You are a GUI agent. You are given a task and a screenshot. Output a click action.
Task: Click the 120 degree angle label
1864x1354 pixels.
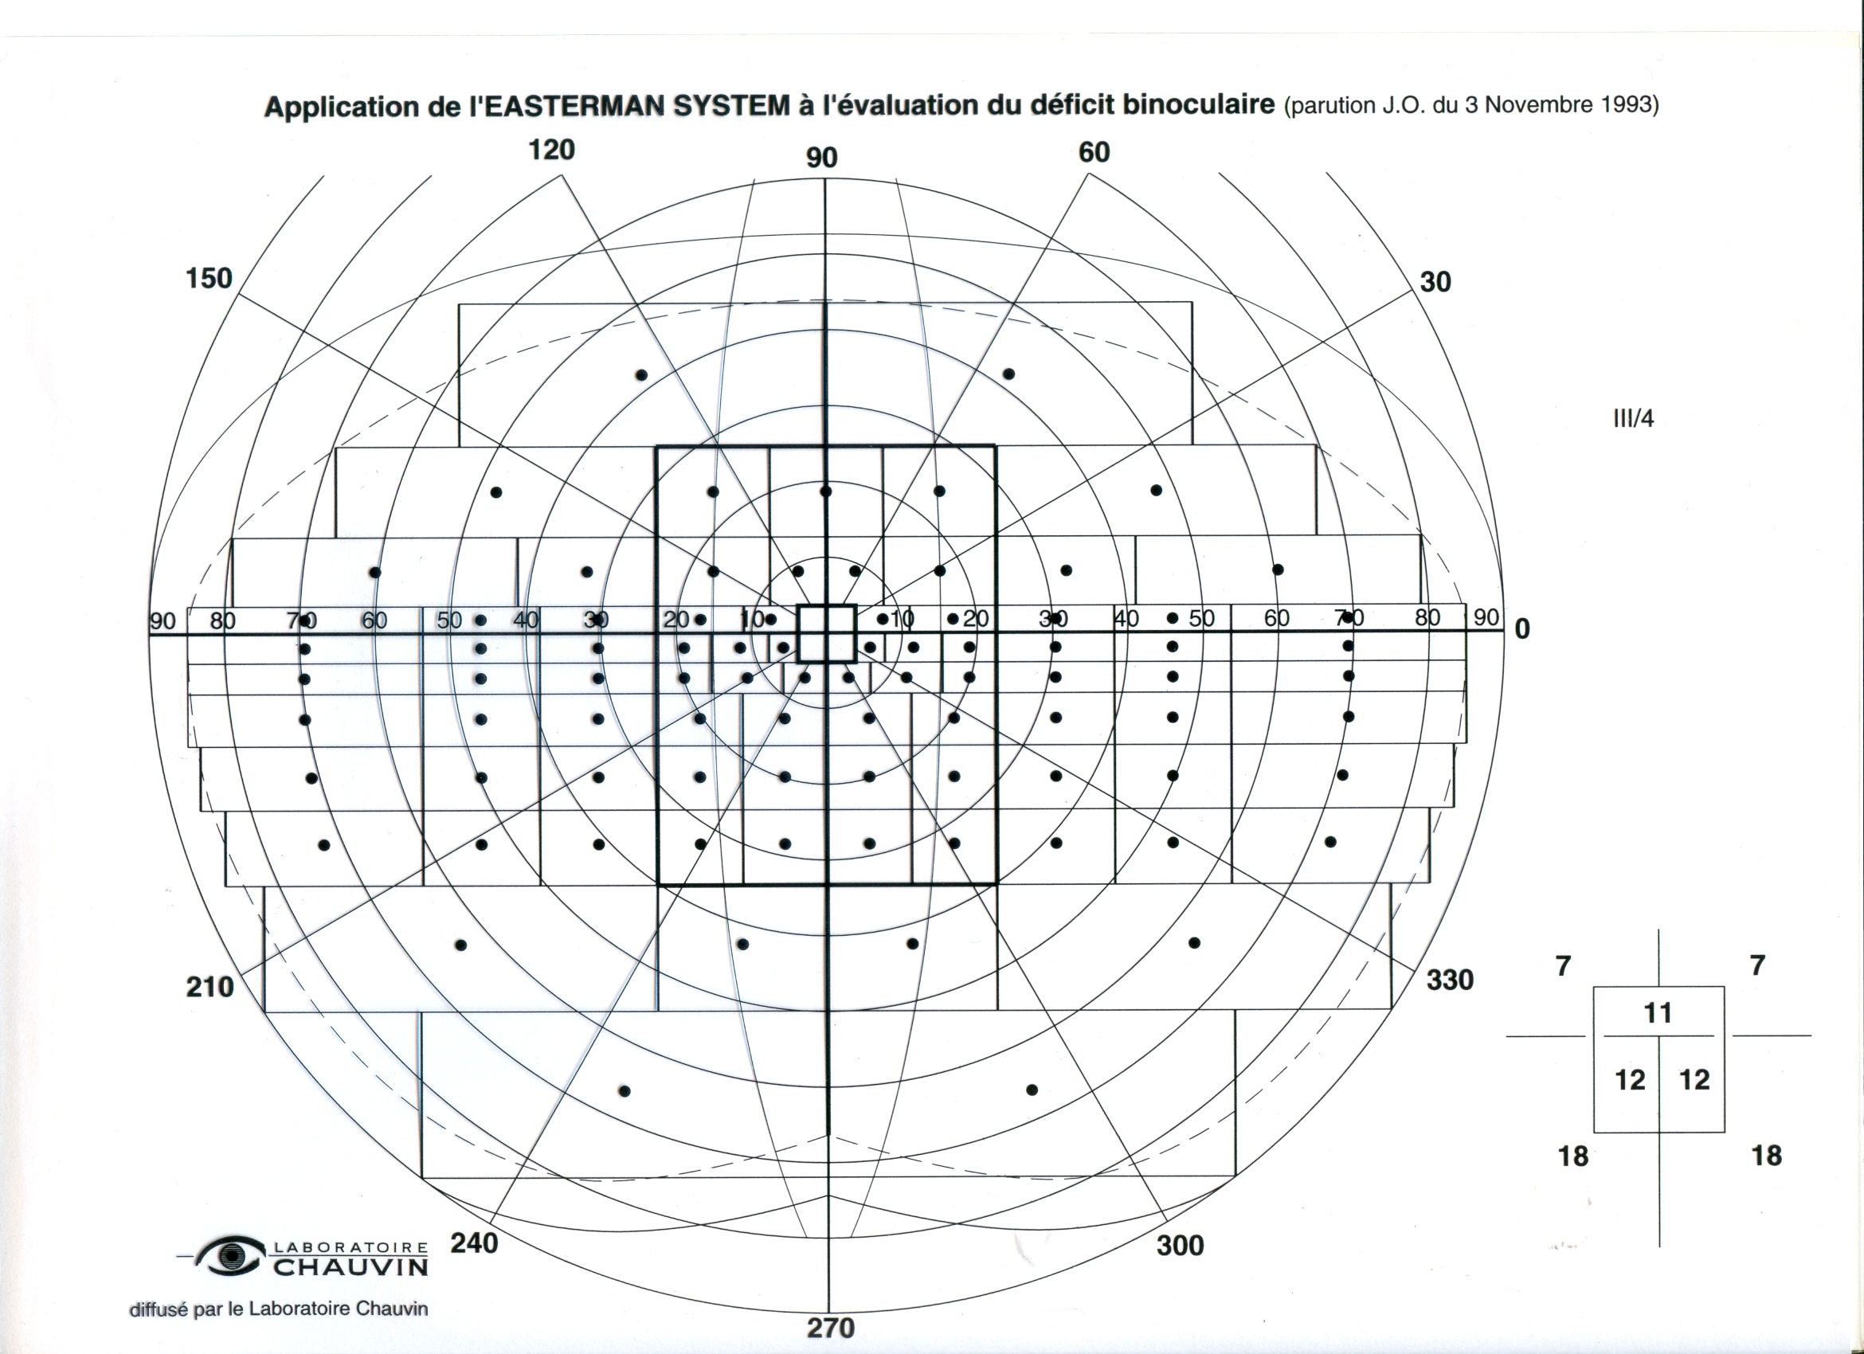tap(551, 151)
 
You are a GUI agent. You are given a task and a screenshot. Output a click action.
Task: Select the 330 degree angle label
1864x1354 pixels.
tap(1450, 980)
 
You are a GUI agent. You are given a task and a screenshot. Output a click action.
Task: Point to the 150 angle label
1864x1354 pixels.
tap(209, 279)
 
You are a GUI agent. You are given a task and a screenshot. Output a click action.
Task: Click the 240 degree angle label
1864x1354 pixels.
tap(474, 1242)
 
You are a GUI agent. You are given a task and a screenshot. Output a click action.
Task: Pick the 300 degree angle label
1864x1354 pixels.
tap(1181, 1246)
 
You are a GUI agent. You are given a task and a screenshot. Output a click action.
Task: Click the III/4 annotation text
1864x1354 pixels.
tap(1633, 419)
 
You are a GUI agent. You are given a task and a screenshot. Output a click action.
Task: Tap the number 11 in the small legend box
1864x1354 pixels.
tap(1658, 1013)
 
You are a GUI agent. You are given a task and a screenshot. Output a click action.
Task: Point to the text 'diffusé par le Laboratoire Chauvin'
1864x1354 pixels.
tap(279, 1309)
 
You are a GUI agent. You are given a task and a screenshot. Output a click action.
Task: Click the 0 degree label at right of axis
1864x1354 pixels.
tap(1522, 629)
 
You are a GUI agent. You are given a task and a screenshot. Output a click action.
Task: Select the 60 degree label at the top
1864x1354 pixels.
tap(1094, 153)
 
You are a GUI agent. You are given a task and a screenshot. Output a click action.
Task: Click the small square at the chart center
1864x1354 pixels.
tap(827, 632)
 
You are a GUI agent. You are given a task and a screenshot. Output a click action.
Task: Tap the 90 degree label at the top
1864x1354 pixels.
tap(822, 158)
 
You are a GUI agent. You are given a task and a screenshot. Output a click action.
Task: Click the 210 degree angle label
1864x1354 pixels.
tap(210, 986)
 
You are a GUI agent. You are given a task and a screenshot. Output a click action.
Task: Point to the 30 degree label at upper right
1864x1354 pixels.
tap(1435, 282)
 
